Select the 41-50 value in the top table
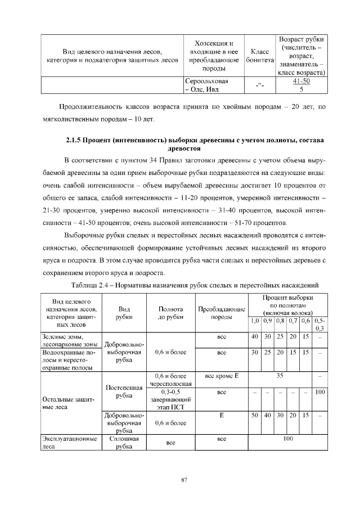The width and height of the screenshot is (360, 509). coord(302,81)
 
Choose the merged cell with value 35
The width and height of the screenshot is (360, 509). coord(280,375)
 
